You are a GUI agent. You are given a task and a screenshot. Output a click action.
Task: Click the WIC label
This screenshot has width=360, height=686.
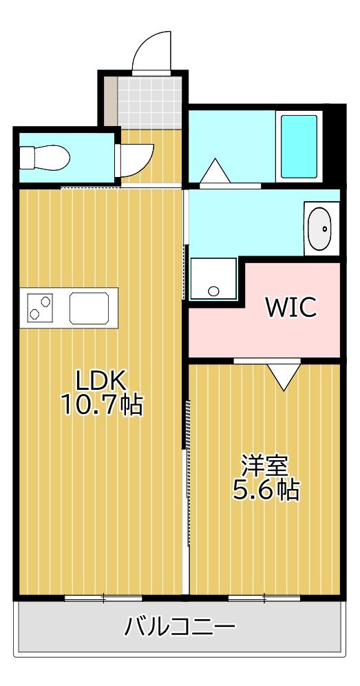292,307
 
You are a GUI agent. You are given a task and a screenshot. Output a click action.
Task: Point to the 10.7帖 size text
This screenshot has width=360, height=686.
102,405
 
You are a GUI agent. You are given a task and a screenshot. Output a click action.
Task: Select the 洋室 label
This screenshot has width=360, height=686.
264,465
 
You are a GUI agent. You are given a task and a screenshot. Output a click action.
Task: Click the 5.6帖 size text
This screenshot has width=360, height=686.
264,490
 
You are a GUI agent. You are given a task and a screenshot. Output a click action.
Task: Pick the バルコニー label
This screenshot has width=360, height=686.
180,627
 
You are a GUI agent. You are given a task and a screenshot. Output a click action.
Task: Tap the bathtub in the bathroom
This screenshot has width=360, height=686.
299,145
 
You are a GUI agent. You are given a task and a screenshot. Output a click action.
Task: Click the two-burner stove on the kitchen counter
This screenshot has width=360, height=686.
40,307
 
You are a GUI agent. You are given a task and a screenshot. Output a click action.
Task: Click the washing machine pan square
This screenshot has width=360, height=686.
213,279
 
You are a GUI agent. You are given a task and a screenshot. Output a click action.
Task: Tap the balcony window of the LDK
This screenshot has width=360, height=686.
103,597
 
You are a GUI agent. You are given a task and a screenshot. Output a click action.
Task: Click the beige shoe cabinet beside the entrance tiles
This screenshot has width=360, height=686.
110,101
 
